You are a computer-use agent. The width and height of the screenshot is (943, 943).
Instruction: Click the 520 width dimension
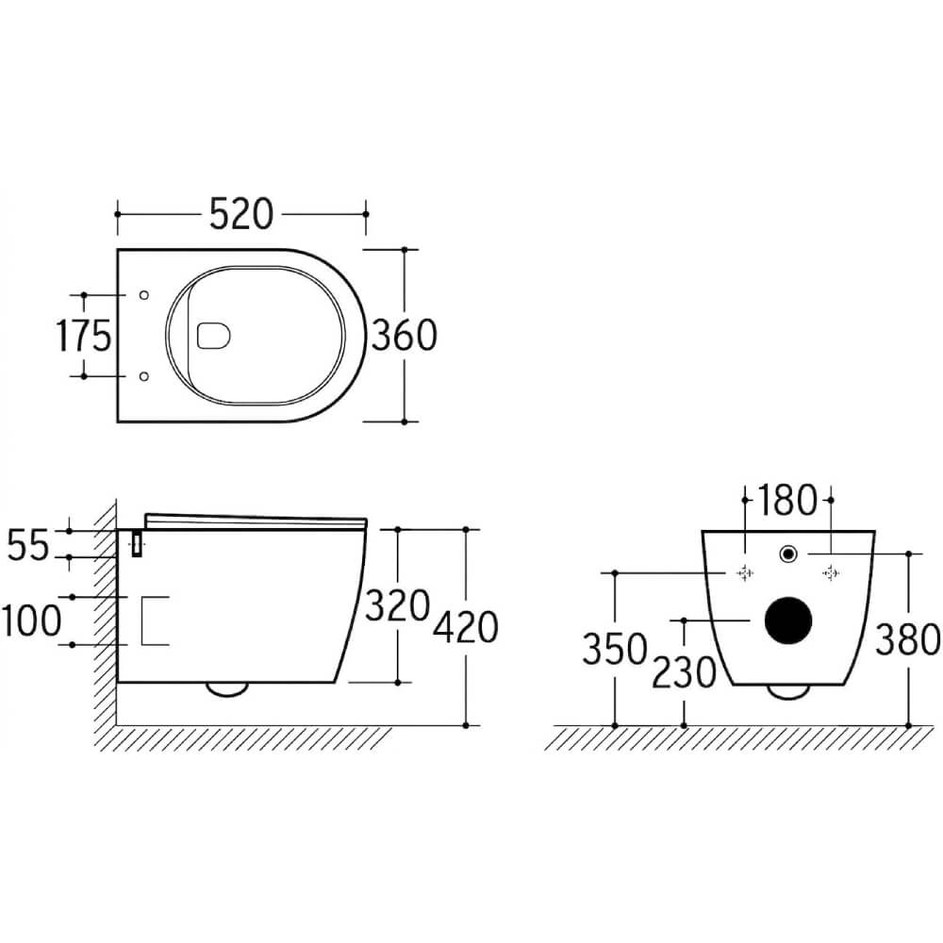point(241,214)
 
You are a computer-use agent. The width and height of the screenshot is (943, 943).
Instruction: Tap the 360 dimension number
point(405,335)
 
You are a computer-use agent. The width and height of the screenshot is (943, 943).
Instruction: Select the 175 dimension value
point(84,335)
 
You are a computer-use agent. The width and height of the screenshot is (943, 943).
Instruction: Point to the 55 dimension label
point(27,545)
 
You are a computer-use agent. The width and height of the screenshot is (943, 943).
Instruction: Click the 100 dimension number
point(31,620)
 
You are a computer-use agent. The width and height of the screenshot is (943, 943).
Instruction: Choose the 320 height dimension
point(398,605)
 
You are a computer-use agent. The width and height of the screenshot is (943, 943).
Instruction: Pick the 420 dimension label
point(466,627)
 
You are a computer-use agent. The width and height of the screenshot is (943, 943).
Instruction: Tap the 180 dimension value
point(787,500)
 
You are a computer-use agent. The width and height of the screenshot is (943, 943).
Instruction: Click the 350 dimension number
point(615,649)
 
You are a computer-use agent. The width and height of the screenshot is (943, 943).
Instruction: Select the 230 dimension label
point(685,672)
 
